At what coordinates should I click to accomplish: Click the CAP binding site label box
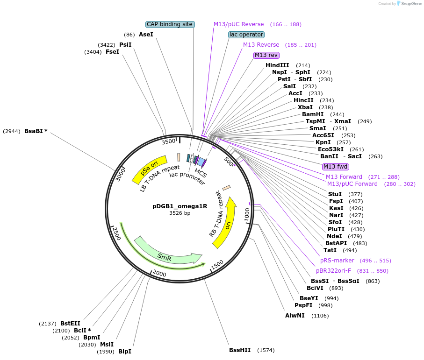pos(170,24)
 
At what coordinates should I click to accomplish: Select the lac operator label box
pos(246,35)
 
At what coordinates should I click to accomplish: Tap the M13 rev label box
pos(266,55)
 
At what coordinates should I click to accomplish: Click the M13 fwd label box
pos(336,167)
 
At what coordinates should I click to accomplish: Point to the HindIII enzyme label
pos(277,65)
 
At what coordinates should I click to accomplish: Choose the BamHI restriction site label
pos(313,114)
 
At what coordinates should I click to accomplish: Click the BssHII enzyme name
pos(240,350)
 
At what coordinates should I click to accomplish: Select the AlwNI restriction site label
pos(295,316)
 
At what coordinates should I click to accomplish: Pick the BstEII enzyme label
pos(70,323)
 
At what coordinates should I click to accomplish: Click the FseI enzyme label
pos(112,52)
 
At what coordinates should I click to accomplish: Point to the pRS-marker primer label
pos(337,261)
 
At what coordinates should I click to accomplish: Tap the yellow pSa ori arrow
pos(150,168)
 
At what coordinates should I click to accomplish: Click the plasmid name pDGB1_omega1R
pos(180,206)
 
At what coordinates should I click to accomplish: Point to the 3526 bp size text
pos(180,213)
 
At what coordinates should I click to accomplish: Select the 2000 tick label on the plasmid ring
pos(160,273)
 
